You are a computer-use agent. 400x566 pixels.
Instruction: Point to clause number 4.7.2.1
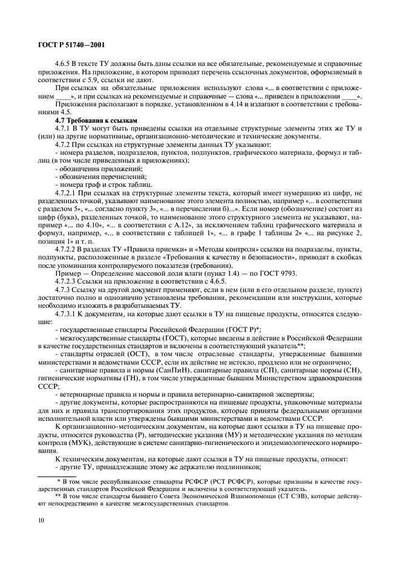point(66,191)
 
